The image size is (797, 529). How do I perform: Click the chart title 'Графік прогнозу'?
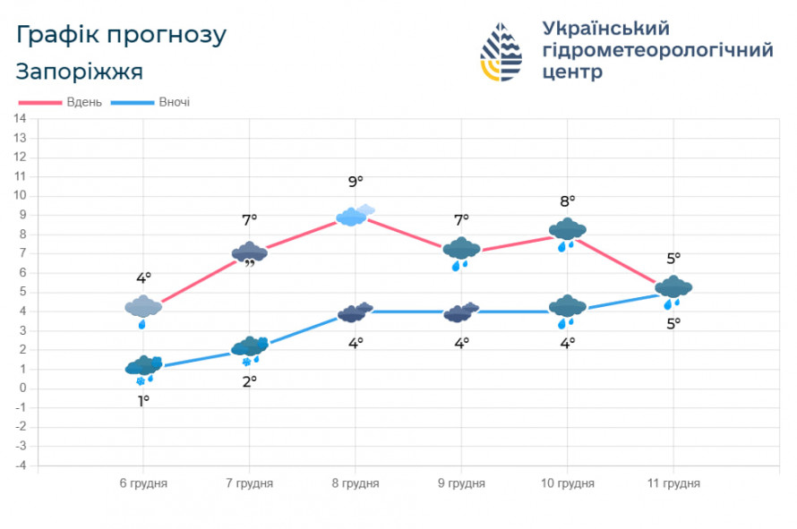[121, 35]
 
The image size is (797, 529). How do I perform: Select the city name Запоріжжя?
[79, 71]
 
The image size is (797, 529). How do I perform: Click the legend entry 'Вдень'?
[84, 102]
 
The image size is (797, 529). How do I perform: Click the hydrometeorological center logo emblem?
[501, 53]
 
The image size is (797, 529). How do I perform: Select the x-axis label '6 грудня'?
[143, 483]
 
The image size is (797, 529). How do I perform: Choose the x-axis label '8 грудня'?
[356, 483]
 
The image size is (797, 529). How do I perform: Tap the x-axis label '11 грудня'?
[673, 483]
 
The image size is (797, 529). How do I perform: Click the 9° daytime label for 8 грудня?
[356, 182]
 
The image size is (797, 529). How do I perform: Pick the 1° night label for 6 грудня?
[143, 400]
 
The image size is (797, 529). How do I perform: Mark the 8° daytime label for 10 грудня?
[568, 201]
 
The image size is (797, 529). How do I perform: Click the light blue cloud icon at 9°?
[356, 215]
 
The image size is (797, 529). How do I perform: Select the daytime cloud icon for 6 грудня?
[143, 307]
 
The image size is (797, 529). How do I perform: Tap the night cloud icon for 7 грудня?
[250, 347]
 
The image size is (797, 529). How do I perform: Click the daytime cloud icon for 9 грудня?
[462, 249]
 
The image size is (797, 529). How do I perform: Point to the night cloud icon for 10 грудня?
[568, 307]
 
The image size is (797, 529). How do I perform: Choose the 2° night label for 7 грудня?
[250, 380]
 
